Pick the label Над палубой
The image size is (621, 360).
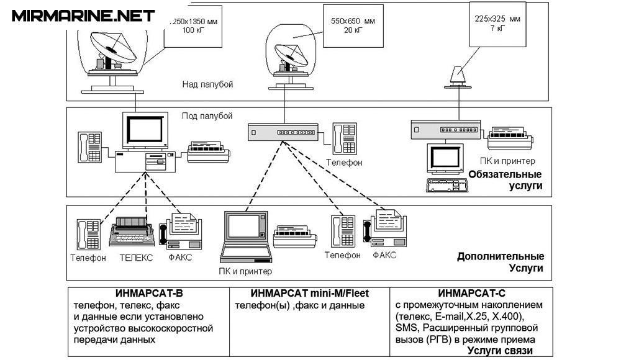(x=207, y=84)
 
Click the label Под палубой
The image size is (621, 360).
(x=207, y=116)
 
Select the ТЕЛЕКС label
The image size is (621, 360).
(x=136, y=258)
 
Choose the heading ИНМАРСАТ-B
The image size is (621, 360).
(x=148, y=294)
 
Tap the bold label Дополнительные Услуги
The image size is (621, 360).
(x=502, y=262)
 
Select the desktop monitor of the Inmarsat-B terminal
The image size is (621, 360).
(x=147, y=130)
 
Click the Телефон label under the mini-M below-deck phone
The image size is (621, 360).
(x=345, y=164)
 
